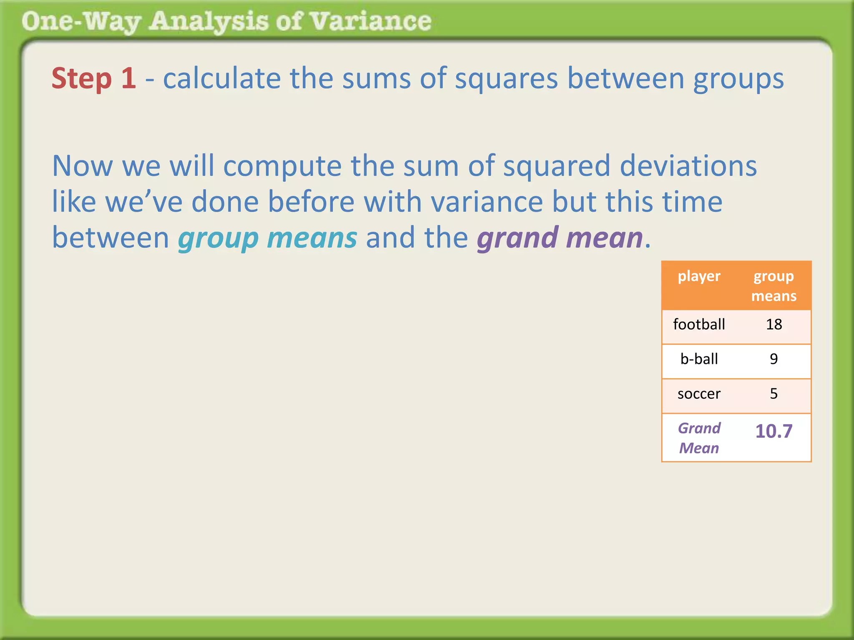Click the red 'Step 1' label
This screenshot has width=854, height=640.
click(94, 78)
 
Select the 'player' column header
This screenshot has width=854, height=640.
click(699, 276)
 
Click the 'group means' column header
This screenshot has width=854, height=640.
click(774, 286)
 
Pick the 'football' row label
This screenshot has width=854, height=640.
click(699, 324)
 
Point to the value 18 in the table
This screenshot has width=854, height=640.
click(774, 324)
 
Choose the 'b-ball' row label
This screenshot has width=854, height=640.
click(699, 359)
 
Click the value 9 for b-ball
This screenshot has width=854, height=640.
click(774, 359)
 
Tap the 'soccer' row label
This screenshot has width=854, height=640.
click(699, 394)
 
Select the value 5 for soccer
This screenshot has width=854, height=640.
click(774, 394)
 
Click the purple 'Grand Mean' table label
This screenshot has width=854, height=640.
click(699, 438)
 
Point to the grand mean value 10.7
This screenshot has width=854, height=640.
click(774, 431)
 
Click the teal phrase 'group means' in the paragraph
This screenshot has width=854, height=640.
click(267, 238)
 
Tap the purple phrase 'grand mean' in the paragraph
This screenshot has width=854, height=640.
click(560, 238)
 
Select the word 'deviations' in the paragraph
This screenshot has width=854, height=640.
click(688, 166)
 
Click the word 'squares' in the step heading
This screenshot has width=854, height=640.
click(506, 78)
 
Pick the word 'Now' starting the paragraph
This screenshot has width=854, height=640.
click(83, 166)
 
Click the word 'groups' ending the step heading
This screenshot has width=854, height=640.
click(738, 78)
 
